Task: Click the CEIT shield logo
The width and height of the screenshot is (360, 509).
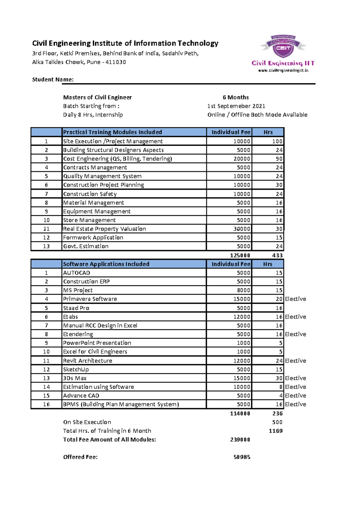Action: coord(283,46)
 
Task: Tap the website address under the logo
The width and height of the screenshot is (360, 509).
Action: coord(283,71)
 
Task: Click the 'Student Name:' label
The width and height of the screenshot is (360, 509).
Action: coord(53,79)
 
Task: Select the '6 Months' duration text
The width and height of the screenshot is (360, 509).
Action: coord(235,97)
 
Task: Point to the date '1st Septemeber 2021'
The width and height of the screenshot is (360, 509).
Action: coord(236,106)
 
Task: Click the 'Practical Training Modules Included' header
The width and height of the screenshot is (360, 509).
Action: coord(112,132)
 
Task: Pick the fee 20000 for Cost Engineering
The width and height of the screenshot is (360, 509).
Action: coord(242,159)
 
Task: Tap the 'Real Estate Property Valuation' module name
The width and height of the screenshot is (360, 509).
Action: coord(104,229)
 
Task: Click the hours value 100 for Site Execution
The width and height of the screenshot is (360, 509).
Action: coord(277,141)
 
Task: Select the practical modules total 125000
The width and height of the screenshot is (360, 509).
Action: coord(240,255)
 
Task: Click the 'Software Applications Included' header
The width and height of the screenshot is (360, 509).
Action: coord(106,264)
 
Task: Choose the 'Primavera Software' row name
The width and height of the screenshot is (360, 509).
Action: coord(90,299)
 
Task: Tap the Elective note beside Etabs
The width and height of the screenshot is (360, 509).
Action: coord(295,317)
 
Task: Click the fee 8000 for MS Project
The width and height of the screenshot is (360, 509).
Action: coord(243,290)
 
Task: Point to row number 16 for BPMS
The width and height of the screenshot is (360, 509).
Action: coord(46,404)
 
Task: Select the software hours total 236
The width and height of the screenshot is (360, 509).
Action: coord(277,414)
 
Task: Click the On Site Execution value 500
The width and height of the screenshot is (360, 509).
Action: coord(277,422)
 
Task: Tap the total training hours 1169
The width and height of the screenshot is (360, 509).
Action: coord(275,431)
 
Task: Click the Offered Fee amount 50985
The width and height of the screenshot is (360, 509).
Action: coord(242,457)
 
